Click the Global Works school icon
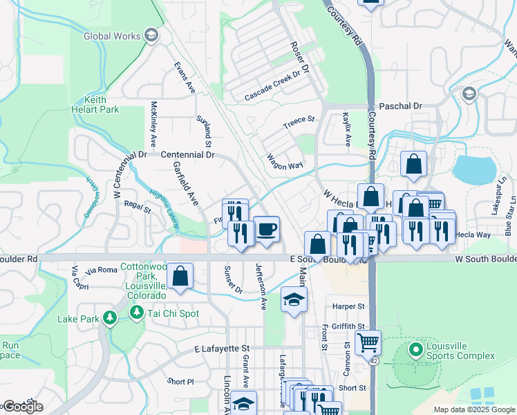[151, 36]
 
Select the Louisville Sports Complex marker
[415, 350]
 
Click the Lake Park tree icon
[109, 318]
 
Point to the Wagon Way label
[285, 161]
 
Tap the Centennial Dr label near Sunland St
[187, 155]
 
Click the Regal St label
[137, 205]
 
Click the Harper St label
[348, 306]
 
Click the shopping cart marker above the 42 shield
[368, 342]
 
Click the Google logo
[22, 407]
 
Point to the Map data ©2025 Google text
[473, 409]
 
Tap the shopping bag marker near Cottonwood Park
[180, 276]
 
